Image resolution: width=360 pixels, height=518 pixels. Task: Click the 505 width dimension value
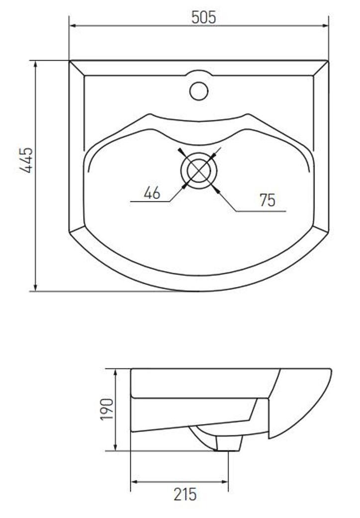click(204, 17)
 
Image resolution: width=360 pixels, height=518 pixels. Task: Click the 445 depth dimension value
click(26, 160)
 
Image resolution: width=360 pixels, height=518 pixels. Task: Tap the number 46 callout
click(152, 192)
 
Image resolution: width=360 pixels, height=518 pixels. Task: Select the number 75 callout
click(268, 200)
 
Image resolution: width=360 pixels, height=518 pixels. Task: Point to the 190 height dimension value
click(107, 409)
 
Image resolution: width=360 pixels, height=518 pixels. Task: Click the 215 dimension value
click(185, 494)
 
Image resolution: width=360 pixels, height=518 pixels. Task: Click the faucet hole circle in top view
click(199, 91)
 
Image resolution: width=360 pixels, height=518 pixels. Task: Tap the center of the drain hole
click(199, 171)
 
